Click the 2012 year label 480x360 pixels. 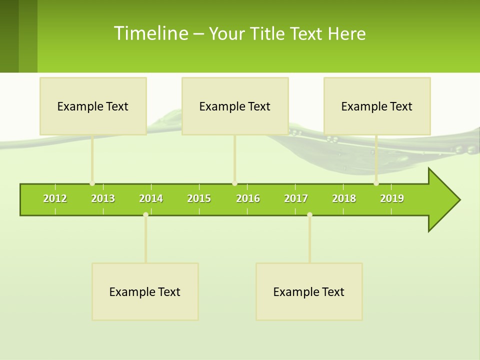tap(55, 198)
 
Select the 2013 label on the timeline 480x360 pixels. tap(103, 198)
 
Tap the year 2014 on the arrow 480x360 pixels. tap(151, 198)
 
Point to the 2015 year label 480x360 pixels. tap(199, 198)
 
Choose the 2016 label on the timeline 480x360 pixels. tap(248, 198)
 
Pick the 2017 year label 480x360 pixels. tap(296, 198)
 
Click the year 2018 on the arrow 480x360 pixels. tap(344, 198)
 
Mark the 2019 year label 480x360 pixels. tap(392, 198)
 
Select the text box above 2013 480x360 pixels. tap(93, 106)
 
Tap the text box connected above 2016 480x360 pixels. tap(235, 106)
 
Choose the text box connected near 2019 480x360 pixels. tap(377, 106)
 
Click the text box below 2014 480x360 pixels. tap(145, 291)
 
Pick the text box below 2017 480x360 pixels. tap(309, 291)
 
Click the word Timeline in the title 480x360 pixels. tap(150, 33)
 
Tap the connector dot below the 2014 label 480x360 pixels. tap(145, 214)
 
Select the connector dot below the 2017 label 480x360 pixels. tap(309, 214)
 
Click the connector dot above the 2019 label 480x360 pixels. tap(376, 183)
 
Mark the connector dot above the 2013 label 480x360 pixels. tap(92, 183)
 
